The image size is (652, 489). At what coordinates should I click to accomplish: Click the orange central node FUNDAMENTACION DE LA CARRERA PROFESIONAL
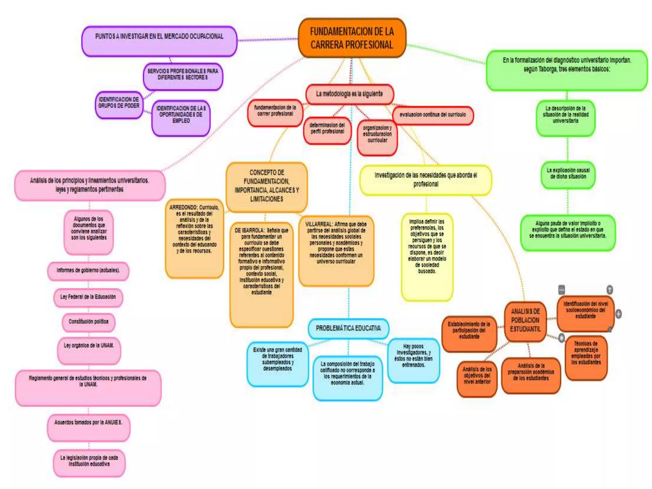pos(352,38)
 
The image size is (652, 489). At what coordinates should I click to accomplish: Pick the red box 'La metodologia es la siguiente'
pos(349,94)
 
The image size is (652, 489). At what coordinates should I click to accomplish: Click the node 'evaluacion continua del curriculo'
pos(433,115)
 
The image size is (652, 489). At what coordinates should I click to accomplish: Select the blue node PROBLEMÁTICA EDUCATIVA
pos(348,328)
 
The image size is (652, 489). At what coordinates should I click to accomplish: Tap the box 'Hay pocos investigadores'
pos(413,360)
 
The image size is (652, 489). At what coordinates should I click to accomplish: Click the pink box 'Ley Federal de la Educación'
pos(88,297)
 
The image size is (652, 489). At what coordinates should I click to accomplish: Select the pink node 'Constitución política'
pos(89,322)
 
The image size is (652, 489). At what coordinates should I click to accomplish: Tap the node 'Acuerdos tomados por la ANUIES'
pos(89,427)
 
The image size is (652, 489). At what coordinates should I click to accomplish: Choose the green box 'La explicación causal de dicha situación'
pos(568,174)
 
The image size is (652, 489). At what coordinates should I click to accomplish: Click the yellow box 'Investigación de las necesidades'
pos(426,180)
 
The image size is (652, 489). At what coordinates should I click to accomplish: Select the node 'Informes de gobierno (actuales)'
pos(88,271)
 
